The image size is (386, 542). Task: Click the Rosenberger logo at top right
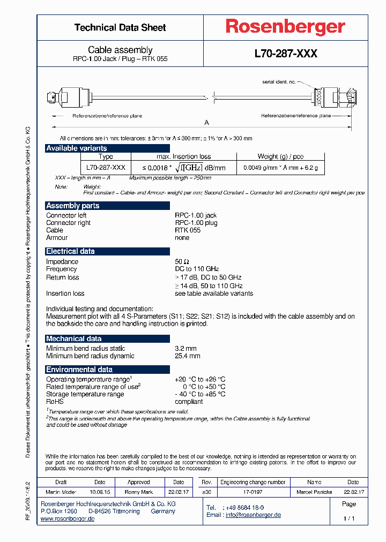(285, 27)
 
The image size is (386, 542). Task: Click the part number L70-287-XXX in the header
(286, 54)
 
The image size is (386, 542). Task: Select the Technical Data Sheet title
(120, 27)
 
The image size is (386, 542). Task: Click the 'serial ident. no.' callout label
(279, 82)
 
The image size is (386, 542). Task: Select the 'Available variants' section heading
(77, 148)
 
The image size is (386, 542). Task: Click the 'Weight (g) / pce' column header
(280, 156)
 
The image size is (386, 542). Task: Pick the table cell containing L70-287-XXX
(106, 168)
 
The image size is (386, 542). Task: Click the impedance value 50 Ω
(182, 261)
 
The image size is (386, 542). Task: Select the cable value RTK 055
(188, 230)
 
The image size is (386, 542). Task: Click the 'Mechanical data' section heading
(73, 338)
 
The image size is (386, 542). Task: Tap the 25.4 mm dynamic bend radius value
(187, 356)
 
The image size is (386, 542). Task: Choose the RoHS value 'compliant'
(189, 401)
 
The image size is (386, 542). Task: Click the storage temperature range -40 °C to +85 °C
(200, 394)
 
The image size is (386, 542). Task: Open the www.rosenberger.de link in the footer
(68, 519)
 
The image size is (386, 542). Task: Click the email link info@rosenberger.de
(253, 515)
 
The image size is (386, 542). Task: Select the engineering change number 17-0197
(253, 491)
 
